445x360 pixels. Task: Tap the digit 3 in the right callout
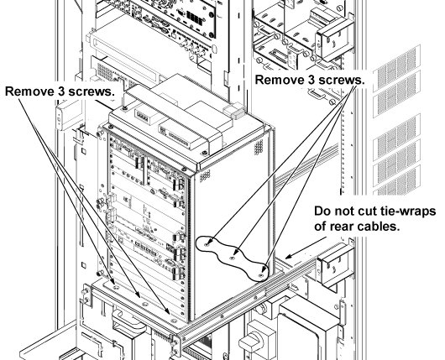pos(311,80)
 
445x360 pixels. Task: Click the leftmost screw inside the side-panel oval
pos(207,243)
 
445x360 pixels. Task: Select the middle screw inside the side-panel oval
pos(233,258)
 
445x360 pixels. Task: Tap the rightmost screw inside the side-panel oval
pos(261,275)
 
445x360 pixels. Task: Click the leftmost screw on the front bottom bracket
pos(116,287)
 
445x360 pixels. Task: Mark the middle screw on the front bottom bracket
pos(144,304)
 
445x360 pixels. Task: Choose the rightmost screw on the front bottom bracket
pos(174,321)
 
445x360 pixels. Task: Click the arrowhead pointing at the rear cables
pos(288,257)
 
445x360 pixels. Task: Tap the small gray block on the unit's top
pos(235,112)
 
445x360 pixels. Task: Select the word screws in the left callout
pos(90,91)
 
